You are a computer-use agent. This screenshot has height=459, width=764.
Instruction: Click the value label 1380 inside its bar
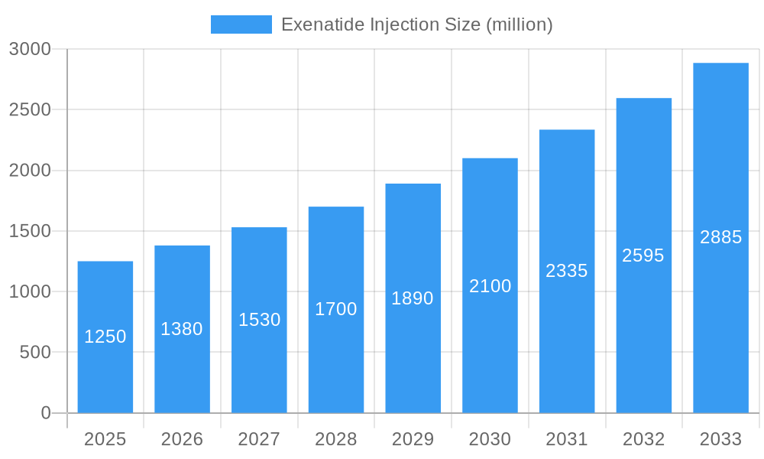(x=182, y=329)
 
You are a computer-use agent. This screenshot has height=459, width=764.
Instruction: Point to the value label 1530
(x=260, y=320)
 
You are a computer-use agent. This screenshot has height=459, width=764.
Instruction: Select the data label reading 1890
(x=413, y=298)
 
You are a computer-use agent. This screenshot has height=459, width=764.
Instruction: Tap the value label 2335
(x=567, y=271)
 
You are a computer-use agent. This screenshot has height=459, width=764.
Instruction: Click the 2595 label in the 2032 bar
(x=643, y=256)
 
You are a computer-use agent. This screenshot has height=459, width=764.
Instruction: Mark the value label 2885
(x=720, y=237)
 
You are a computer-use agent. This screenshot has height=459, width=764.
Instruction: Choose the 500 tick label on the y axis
(x=35, y=353)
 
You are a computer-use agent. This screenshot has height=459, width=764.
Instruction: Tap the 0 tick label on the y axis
(x=45, y=413)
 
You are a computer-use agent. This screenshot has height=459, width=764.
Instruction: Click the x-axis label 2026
(x=182, y=439)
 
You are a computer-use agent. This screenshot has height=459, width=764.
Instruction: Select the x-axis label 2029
(x=413, y=439)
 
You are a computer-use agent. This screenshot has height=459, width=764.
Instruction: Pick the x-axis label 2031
(x=567, y=439)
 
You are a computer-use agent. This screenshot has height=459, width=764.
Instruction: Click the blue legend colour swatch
(x=241, y=24)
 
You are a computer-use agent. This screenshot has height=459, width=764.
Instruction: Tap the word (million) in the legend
(x=519, y=24)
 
